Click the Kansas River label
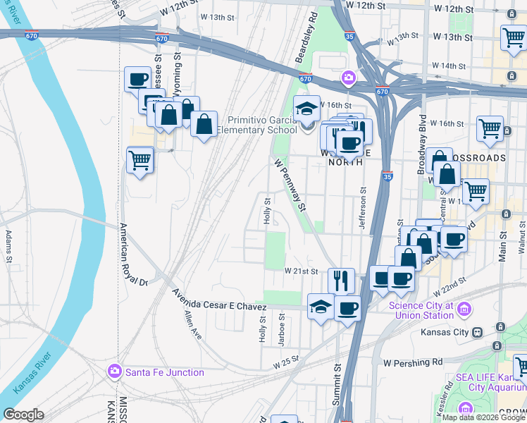(x=27, y=371)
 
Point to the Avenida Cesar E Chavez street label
(x=220, y=300)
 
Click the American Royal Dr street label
(x=132, y=255)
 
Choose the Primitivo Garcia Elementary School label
(x=256, y=125)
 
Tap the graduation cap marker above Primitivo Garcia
(x=306, y=109)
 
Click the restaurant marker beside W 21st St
(x=341, y=280)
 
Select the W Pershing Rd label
(x=413, y=362)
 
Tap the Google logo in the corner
(x=24, y=415)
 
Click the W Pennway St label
(x=291, y=185)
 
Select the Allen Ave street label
(x=192, y=326)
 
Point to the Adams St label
(x=9, y=246)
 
